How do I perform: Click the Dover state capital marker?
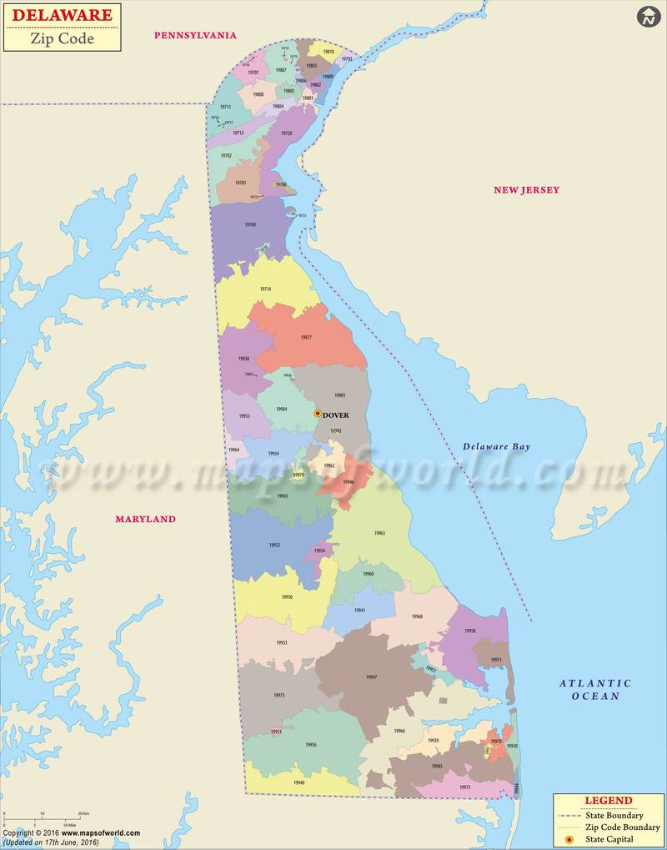click(x=317, y=413)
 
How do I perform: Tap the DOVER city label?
click(x=336, y=415)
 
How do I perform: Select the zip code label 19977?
click(x=306, y=338)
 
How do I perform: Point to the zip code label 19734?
click(x=265, y=289)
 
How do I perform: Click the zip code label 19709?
click(x=250, y=225)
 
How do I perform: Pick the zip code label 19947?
click(x=371, y=676)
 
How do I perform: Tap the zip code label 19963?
click(x=379, y=532)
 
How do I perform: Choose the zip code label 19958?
click(x=470, y=631)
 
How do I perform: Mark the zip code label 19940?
click(x=298, y=782)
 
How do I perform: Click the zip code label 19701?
click(x=240, y=183)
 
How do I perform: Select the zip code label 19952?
click(x=274, y=545)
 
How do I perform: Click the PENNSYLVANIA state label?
click(x=195, y=35)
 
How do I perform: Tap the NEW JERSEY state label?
click(x=526, y=190)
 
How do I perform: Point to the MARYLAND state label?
click(x=145, y=519)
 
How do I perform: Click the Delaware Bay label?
click(x=496, y=447)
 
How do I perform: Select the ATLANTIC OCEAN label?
click(x=595, y=689)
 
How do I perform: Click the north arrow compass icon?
click(x=648, y=16)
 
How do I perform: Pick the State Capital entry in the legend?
click(x=609, y=839)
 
